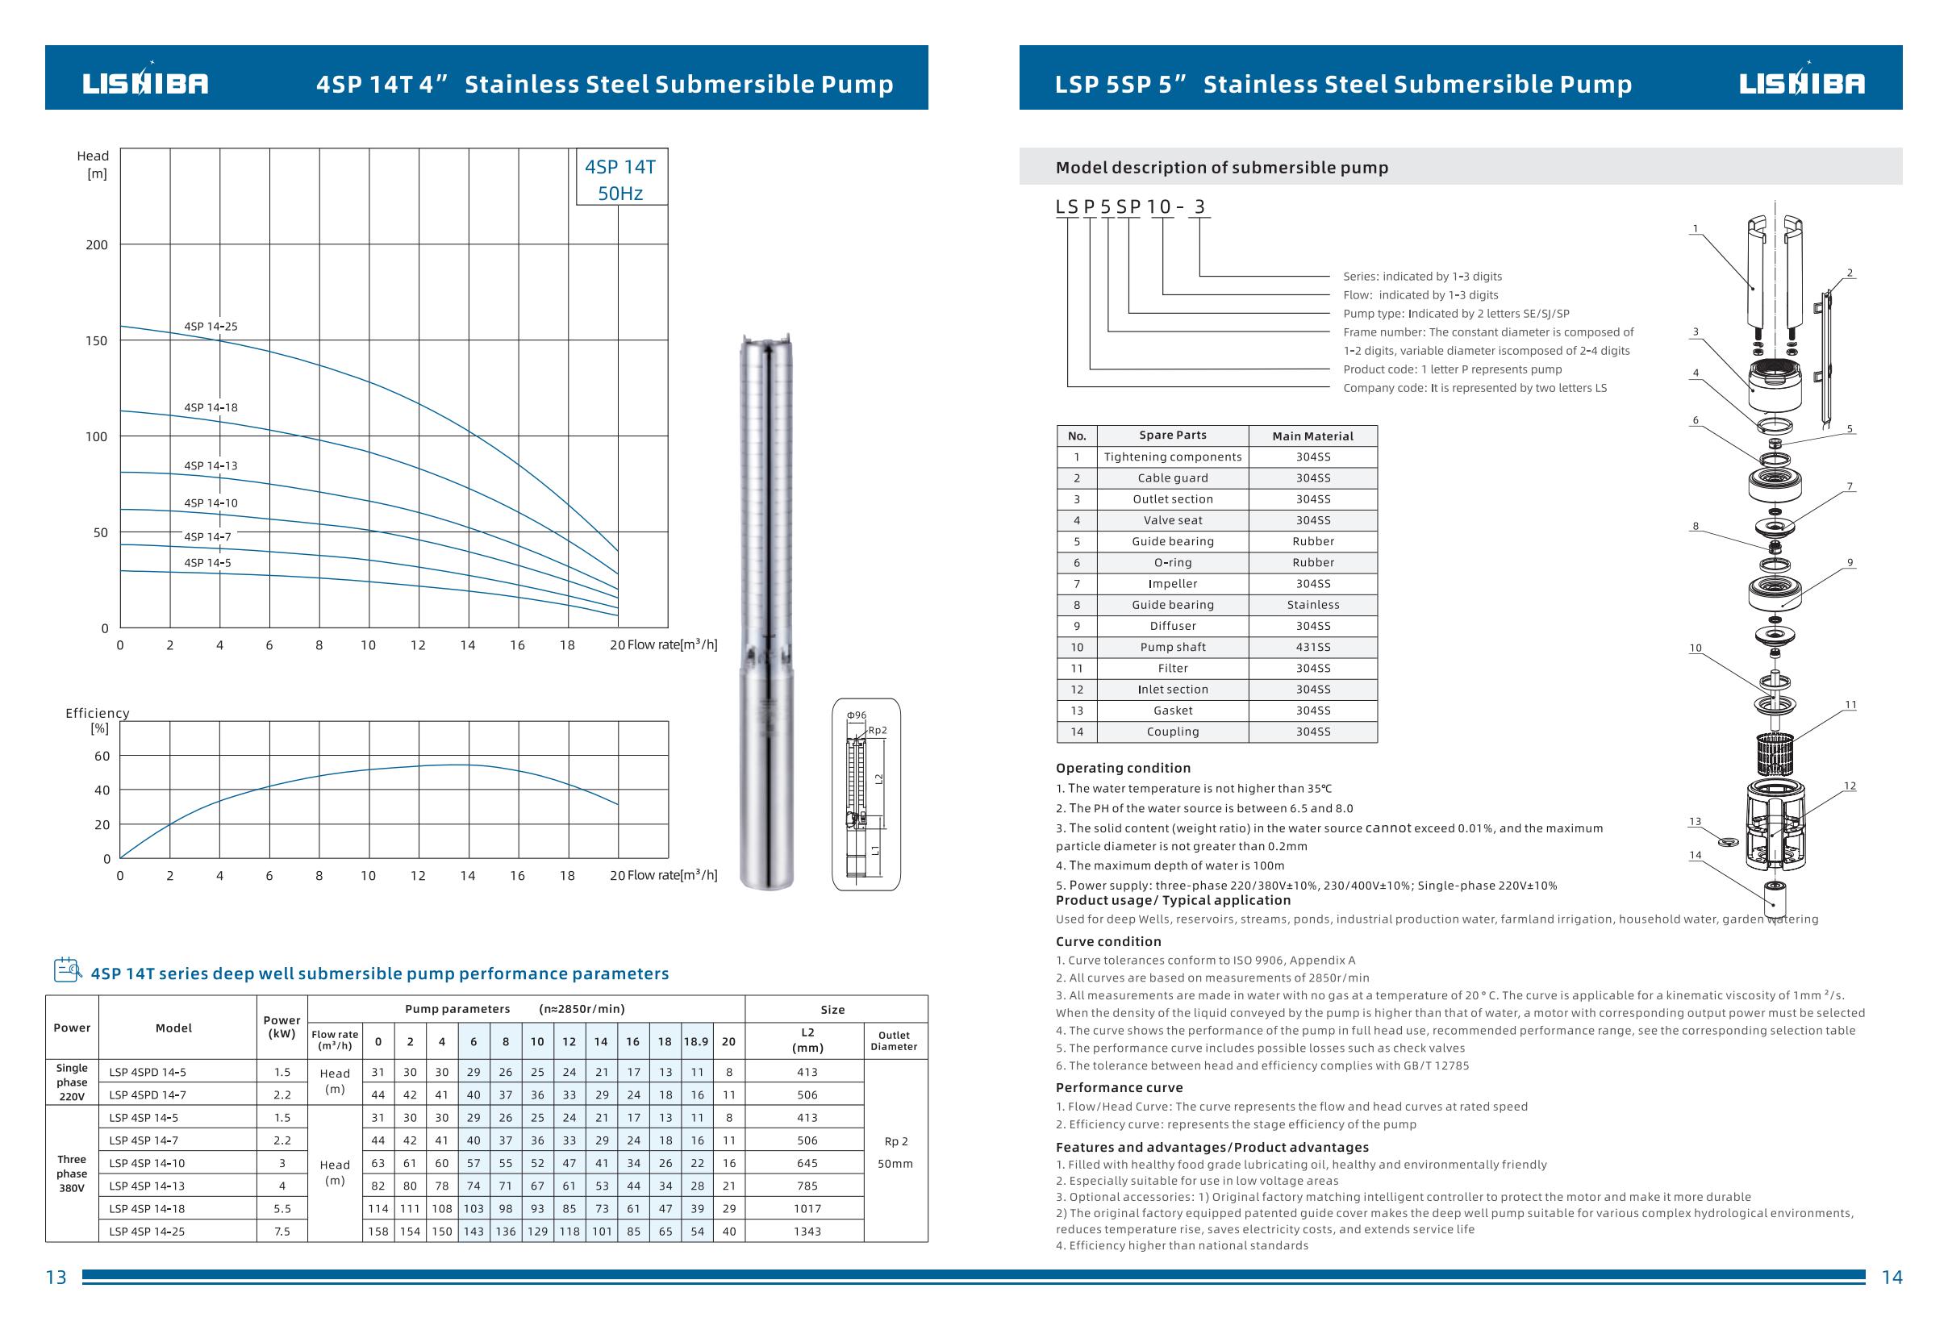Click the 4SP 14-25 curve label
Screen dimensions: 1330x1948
tap(211, 326)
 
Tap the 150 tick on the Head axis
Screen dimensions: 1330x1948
tap(97, 340)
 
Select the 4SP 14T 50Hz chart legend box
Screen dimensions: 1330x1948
tap(620, 179)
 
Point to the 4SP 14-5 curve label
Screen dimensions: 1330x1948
tap(207, 562)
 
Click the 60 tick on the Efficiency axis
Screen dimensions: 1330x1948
tap(102, 756)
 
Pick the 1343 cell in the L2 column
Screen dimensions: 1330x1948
tap(807, 1231)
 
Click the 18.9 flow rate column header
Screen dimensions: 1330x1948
tap(695, 1042)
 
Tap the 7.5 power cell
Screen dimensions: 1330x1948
tap(282, 1231)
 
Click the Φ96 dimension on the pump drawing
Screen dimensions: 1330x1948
tap(856, 715)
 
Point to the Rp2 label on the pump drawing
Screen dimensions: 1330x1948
tap(877, 730)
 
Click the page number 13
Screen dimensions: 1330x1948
tap(56, 1278)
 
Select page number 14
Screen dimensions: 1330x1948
tap(1892, 1278)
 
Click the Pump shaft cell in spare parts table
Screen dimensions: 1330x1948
tap(1173, 647)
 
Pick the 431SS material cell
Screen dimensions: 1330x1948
tap(1312, 647)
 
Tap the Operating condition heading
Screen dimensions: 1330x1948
tap(1122, 768)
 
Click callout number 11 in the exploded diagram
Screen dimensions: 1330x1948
tap(1850, 705)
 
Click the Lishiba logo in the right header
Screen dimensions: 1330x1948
tap(1801, 83)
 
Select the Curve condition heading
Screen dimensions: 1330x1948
tap(1108, 942)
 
